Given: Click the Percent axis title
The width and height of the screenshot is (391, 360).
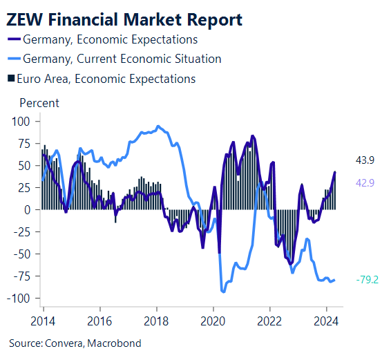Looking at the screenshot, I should point(39,103).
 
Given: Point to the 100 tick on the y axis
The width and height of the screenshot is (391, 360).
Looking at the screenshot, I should point(23,122).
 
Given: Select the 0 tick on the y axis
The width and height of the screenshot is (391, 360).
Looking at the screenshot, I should point(28,209).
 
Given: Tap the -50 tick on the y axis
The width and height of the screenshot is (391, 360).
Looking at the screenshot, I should point(23,254).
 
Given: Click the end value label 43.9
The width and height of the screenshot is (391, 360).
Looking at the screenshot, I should point(365,161).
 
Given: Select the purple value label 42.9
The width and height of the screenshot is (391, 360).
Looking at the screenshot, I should point(365,182).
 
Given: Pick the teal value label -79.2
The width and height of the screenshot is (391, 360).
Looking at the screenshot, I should point(366,281).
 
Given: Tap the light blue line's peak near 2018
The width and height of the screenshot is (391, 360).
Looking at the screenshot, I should point(158,126).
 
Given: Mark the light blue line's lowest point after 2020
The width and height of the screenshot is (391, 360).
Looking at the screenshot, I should point(223,292).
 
